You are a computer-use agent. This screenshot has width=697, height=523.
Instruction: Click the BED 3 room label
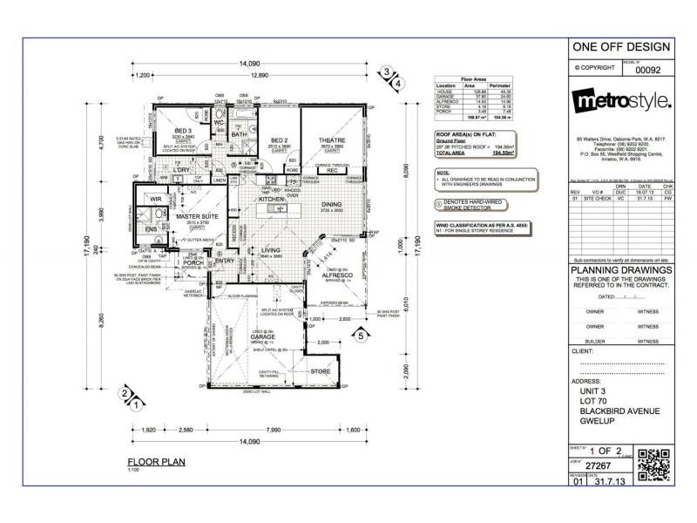[184, 130]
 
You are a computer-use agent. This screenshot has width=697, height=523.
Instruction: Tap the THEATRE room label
[331, 140]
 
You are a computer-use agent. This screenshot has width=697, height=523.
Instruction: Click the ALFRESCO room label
[339, 273]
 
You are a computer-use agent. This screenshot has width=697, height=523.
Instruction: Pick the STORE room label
[321, 371]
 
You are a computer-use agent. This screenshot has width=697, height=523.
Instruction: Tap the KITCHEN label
[271, 200]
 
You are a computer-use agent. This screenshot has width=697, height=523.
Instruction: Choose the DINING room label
[331, 205]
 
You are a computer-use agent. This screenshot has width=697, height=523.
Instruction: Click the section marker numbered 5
[360, 334]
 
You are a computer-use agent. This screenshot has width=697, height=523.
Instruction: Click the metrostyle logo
[621, 102]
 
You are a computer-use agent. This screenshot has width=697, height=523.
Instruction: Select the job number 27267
[594, 466]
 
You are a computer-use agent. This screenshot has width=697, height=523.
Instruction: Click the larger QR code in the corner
[654, 463]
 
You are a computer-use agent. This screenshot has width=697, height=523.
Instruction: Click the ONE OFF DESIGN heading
[621, 46]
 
